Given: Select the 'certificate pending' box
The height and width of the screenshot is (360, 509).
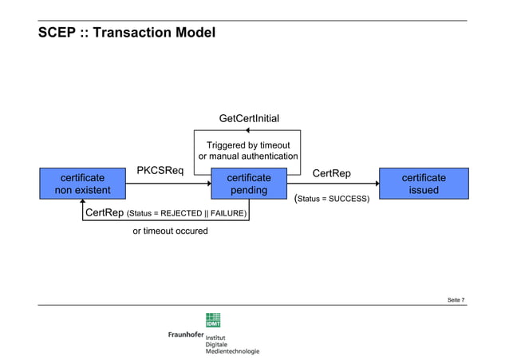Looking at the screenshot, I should [249, 184].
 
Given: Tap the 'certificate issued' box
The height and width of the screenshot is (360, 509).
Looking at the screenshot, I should [424, 184].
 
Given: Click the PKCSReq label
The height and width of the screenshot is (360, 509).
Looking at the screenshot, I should [160, 171].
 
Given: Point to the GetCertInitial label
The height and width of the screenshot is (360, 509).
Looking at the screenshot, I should [249, 119].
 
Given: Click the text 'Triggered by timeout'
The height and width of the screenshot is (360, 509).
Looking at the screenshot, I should [248, 145].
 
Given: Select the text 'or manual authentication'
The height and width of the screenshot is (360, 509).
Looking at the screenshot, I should [248, 156].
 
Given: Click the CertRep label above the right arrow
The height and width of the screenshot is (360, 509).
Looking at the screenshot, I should [331, 173].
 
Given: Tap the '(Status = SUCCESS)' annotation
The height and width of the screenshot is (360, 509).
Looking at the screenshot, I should [332, 197].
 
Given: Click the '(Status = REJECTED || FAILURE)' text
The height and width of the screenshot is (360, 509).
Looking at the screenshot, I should [187, 214].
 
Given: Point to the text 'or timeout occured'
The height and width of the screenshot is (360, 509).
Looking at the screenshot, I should [170, 231].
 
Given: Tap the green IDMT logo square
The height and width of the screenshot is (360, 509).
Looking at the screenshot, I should [214, 318].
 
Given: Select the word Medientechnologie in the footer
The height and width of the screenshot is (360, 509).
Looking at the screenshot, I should [232, 351].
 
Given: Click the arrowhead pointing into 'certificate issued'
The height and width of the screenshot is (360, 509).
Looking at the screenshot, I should [376, 184].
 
